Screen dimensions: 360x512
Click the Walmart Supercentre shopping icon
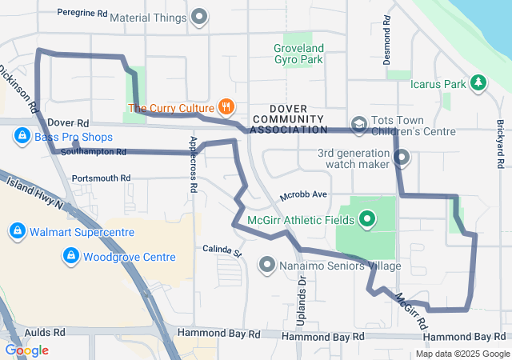16,233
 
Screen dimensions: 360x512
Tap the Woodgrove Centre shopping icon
70,257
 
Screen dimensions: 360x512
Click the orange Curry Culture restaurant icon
226,107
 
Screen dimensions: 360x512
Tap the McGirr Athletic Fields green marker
367,217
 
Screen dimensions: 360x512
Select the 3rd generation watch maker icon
402,158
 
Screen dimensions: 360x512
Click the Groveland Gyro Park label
298,54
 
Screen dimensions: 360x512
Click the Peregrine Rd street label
82,14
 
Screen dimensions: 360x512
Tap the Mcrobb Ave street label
303,195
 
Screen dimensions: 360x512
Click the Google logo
26,350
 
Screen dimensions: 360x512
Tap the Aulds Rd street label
45,332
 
